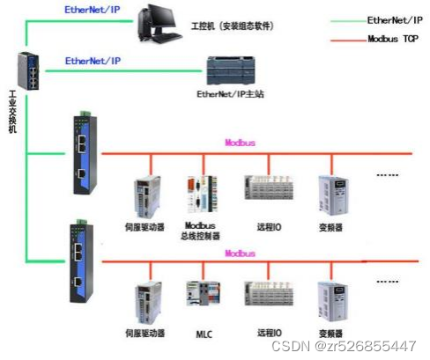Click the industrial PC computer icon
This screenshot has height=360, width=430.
coord(164,25)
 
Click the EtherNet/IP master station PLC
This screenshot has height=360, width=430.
coord(231,70)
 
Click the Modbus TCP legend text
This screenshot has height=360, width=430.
coord(392,39)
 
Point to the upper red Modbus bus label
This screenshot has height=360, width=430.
coord(240,143)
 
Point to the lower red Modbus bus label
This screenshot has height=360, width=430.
coord(240,253)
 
